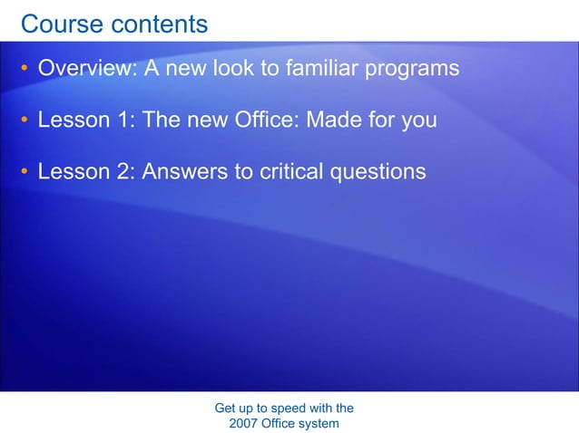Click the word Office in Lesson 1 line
[268, 120]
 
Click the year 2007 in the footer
[244, 423]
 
